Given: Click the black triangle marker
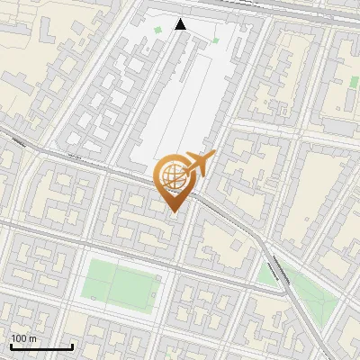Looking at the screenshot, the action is (x=180, y=24).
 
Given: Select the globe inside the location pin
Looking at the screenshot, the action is (x=173, y=176).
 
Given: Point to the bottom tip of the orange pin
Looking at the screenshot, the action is (x=174, y=211).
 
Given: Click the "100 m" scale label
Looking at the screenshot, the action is (x=24, y=338).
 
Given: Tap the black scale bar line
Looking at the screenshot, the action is (x=41, y=346).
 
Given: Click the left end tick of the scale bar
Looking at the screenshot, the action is (x=11, y=345).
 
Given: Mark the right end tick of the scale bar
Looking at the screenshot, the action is (x=72, y=345).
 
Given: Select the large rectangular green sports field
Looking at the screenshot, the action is (x=121, y=281).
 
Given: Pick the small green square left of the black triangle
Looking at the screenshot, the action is (x=158, y=31).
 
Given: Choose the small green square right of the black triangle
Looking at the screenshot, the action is (x=215, y=40).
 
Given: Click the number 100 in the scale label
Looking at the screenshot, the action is (x=20, y=338).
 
